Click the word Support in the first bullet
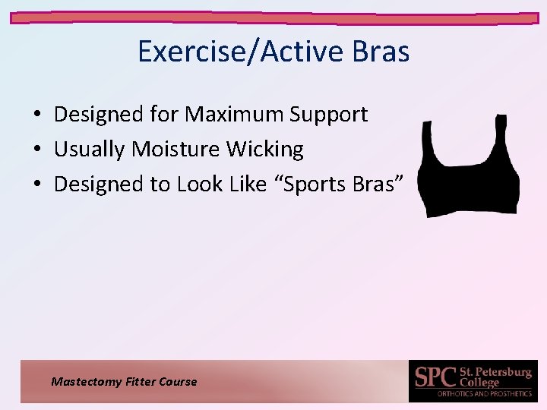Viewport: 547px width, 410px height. pos(328,115)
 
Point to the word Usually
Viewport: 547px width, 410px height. pos(90,150)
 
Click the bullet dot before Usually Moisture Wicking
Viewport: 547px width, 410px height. pos(36,150)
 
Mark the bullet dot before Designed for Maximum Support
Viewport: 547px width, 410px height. pos(36,115)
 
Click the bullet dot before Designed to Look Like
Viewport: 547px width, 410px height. pos(36,184)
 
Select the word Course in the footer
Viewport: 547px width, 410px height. pos(178,382)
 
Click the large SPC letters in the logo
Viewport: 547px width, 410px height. pos(435,377)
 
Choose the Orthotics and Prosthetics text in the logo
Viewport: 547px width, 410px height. pos(485,394)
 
